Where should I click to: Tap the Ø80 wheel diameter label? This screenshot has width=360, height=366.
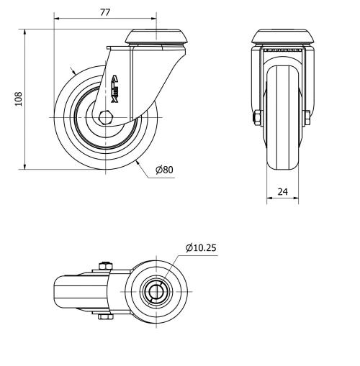(x=164, y=170)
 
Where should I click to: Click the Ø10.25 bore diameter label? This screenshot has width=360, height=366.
(x=201, y=248)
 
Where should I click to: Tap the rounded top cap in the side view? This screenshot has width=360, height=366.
(x=151, y=37)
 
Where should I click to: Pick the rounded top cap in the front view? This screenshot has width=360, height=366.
(x=282, y=37)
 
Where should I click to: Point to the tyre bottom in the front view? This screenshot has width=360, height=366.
(x=282, y=166)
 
